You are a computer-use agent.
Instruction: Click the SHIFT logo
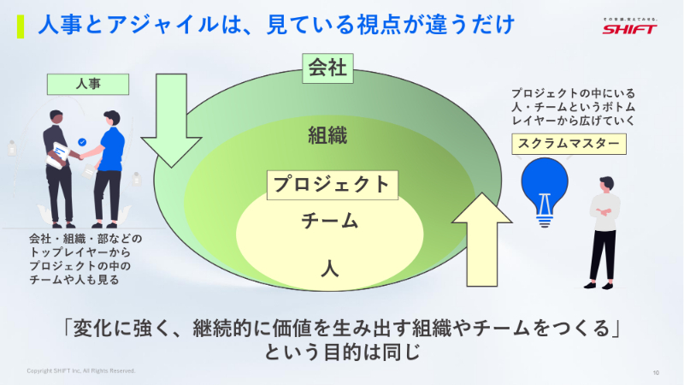point(630,27)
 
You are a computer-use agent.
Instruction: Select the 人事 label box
point(89,84)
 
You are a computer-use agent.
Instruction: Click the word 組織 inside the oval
point(328,135)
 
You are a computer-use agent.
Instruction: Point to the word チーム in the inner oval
point(329,221)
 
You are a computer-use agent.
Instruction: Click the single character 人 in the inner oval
point(329,267)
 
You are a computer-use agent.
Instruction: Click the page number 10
point(655,372)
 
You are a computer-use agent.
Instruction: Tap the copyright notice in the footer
point(81,371)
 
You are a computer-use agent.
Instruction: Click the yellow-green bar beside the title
point(21,26)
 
